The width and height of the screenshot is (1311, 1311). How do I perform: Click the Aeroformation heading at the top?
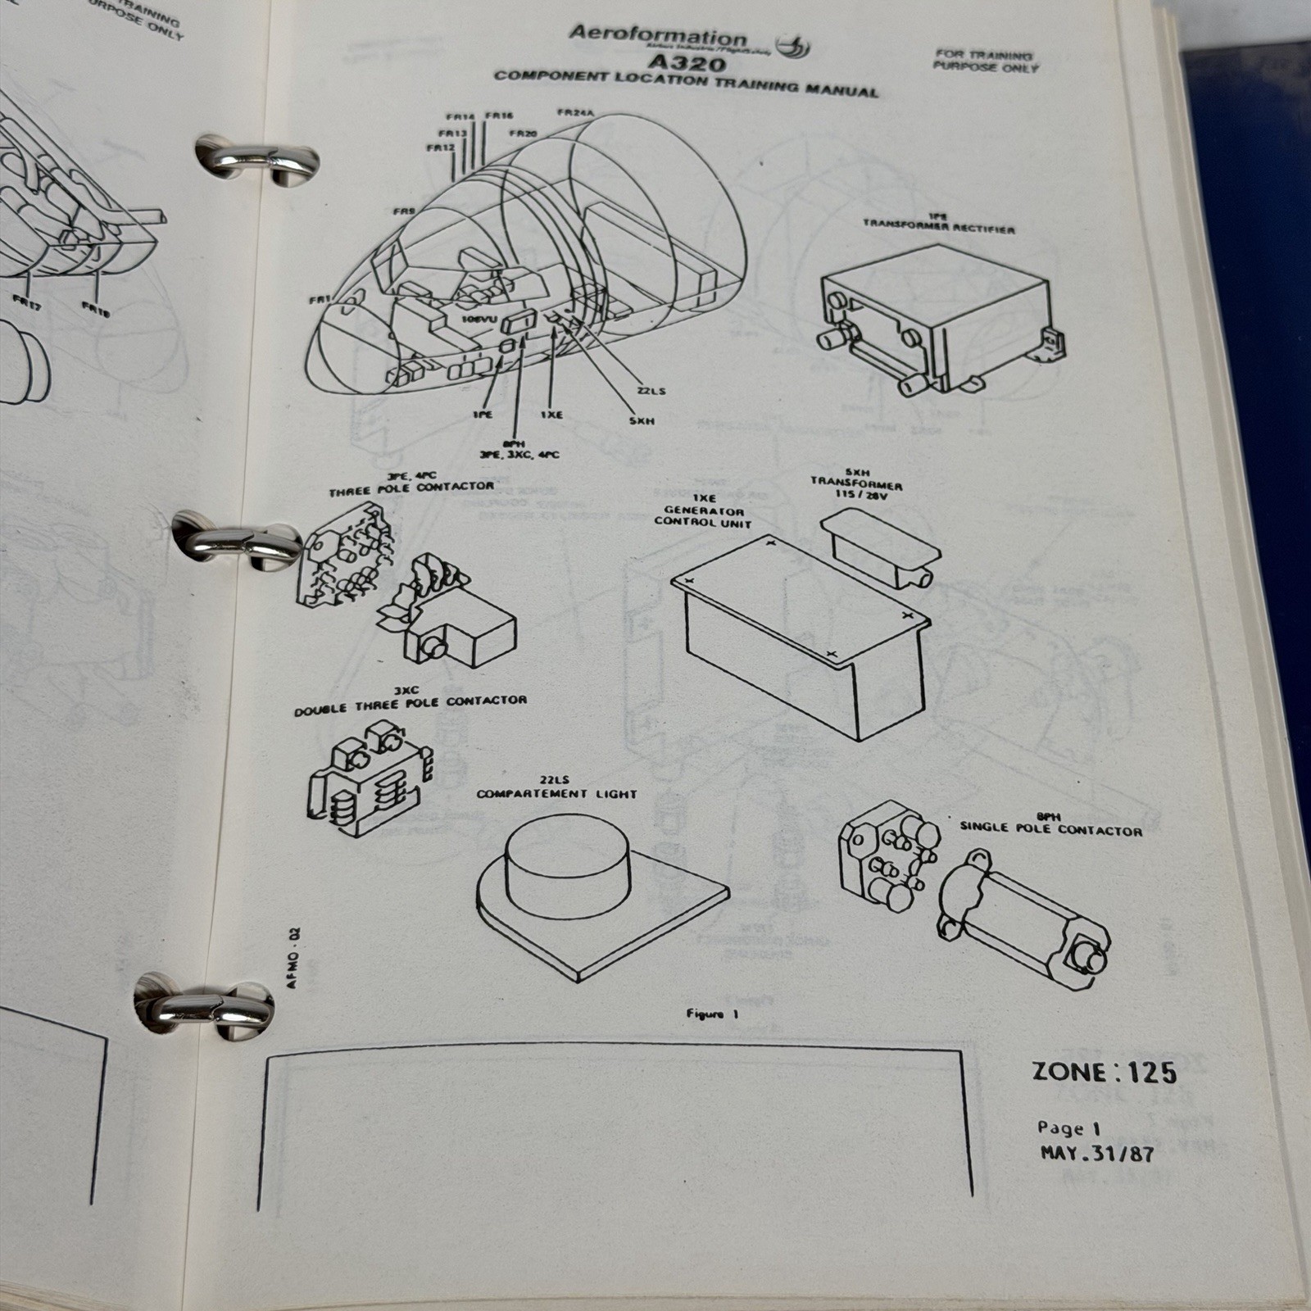tap(657, 36)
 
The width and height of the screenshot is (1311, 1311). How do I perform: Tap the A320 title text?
tap(685, 62)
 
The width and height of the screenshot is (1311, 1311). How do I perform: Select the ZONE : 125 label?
tap(1104, 1073)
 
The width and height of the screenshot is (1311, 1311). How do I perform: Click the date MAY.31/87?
tap(1096, 1153)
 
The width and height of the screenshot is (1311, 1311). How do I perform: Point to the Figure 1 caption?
tap(705, 1014)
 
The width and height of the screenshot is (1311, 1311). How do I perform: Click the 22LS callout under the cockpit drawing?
tap(651, 390)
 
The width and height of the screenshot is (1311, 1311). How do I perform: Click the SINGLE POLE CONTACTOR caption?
tap(1050, 828)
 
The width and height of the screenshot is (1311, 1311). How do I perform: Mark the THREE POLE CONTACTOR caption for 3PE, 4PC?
tap(411, 488)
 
